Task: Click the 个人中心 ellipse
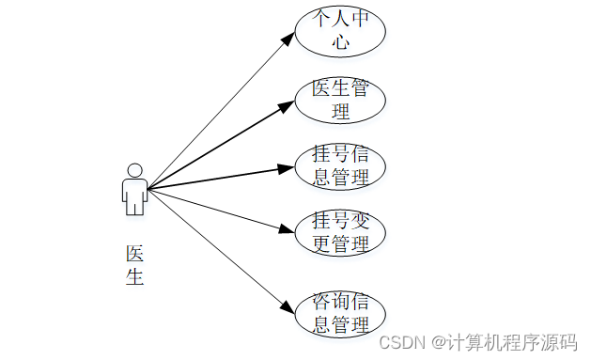(x=340, y=31)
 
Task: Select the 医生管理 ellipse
(x=340, y=100)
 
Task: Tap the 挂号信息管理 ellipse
(x=340, y=164)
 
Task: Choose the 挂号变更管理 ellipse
(x=340, y=233)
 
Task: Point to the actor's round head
(x=134, y=170)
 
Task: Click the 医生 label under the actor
(x=134, y=265)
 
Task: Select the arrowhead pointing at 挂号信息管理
(x=288, y=167)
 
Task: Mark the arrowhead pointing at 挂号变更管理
(x=288, y=228)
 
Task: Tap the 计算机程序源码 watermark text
(x=510, y=340)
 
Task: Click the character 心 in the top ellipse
(x=340, y=42)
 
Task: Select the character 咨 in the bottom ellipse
(x=319, y=303)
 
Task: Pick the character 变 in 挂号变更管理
(x=361, y=222)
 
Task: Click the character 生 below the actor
(x=134, y=277)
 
